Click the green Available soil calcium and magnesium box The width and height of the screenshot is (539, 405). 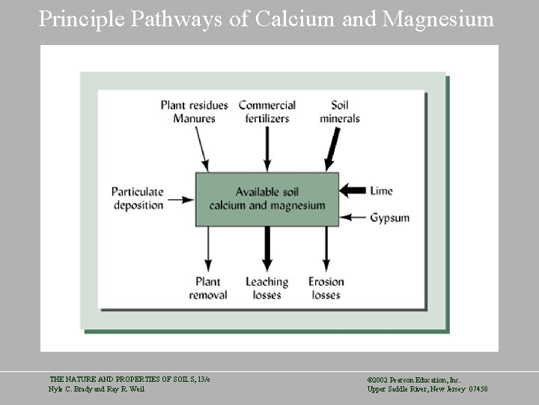267,199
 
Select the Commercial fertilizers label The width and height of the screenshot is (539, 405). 267,112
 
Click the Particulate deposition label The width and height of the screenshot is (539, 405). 138,199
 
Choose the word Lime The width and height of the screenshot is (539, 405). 381,191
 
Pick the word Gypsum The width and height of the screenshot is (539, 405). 389,218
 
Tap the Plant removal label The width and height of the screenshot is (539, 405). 207,288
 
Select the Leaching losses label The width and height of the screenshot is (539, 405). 267,288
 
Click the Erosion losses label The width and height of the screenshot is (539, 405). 326,288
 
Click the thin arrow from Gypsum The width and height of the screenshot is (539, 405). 354,218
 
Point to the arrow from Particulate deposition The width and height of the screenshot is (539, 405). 180,199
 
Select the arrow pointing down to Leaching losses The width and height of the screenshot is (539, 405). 267,249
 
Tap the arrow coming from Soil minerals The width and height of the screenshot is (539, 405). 331,148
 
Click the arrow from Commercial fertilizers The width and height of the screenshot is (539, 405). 267,148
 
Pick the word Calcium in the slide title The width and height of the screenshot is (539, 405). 296,19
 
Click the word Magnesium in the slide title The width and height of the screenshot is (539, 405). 438,19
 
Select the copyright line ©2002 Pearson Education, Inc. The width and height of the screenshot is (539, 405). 414,380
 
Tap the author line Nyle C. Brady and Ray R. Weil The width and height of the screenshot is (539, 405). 97,388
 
